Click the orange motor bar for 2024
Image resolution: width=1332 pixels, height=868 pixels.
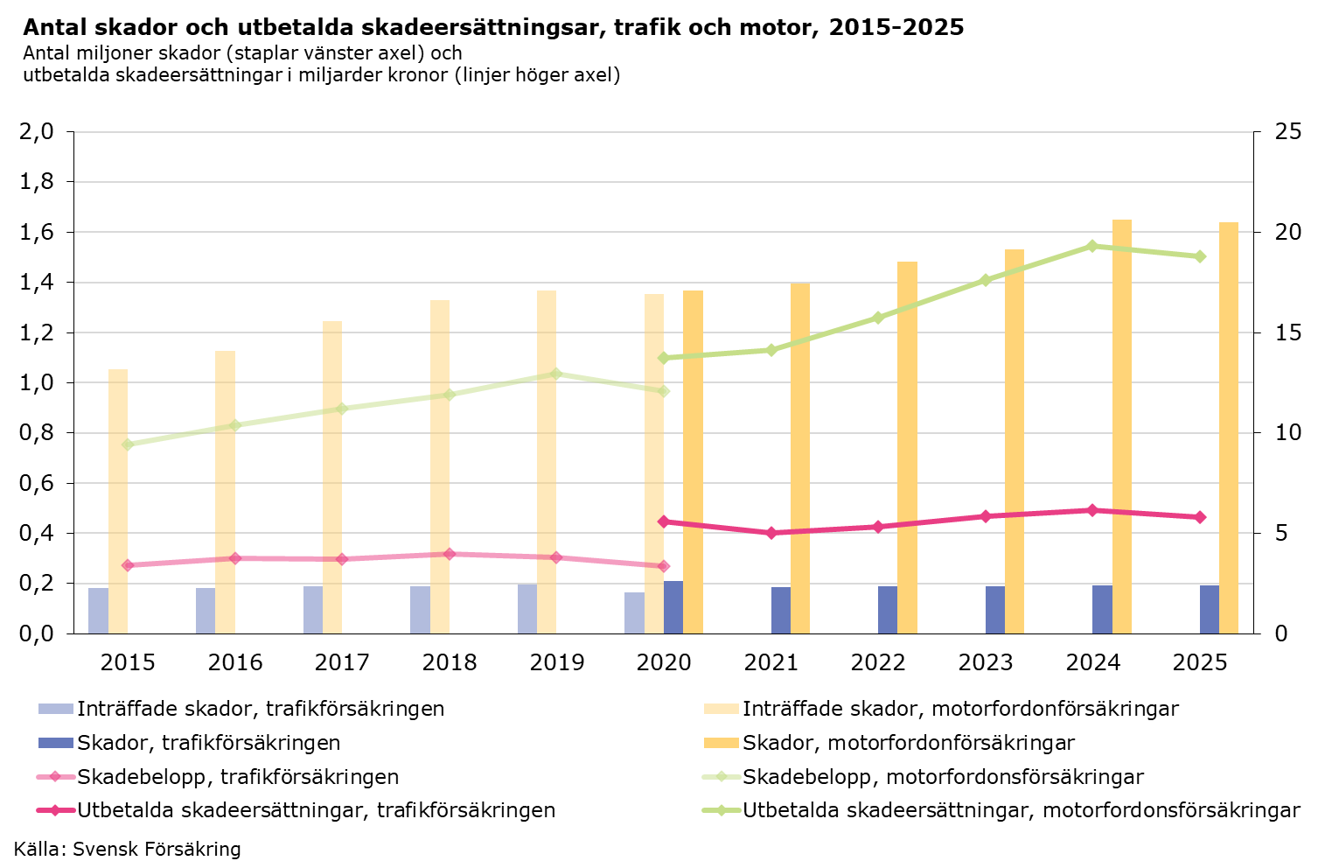coord(1121,426)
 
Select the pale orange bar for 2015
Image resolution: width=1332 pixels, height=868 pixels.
coord(118,501)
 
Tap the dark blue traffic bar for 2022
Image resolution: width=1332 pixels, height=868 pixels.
coord(888,610)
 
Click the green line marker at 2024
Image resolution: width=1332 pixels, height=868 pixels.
coord(1092,246)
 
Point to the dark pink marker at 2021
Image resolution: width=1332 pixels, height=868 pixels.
coord(771,533)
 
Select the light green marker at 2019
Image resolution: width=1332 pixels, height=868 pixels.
coord(556,374)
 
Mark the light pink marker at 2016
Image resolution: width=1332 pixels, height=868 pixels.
coord(234,558)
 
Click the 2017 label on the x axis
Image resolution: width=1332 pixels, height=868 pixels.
coord(342,662)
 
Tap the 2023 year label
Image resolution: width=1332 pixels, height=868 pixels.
coord(986,662)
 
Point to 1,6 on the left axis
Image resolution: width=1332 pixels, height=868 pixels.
coord(36,233)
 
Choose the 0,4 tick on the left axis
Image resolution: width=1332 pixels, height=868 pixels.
coord(36,534)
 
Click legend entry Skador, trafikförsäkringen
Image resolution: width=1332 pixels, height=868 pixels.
coord(208,743)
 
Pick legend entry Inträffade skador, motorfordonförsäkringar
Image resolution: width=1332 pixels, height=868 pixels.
coord(960,709)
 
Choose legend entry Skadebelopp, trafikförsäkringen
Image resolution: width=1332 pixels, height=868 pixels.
coord(238,777)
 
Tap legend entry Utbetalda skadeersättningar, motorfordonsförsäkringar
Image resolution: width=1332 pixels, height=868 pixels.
coord(1021,810)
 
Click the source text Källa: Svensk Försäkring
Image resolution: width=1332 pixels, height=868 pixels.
coord(128,849)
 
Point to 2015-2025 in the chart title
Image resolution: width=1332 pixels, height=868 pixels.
coord(896,28)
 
